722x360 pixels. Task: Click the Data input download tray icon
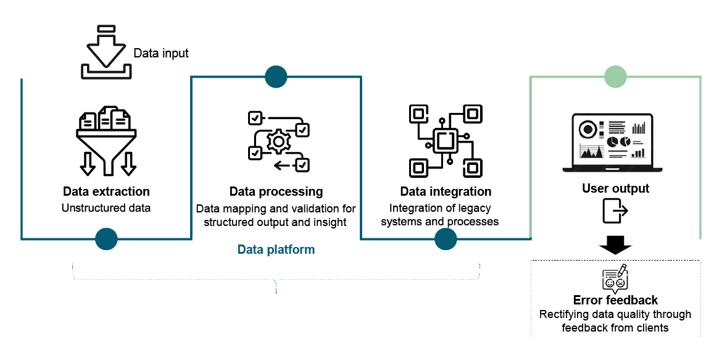tap(106, 53)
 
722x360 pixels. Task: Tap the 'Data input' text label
tap(161, 54)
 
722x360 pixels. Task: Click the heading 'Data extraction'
tap(106, 191)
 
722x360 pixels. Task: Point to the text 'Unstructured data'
tap(106, 208)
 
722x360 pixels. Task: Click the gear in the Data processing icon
tap(278, 142)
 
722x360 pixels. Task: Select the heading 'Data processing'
tap(276, 191)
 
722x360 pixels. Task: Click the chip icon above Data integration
tap(446, 141)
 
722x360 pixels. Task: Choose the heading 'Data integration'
tap(446, 191)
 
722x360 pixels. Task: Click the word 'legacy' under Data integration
tap(475, 209)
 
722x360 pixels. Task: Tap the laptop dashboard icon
tap(612, 143)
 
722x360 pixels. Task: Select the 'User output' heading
tap(615, 188)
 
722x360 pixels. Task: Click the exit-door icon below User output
tap(615, 211)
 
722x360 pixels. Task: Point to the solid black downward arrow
tap(615, 245)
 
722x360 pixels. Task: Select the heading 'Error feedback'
tap(615, 300)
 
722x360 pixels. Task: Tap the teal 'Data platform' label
tap(276, 250)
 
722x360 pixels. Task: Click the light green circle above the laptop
tap(615, 77)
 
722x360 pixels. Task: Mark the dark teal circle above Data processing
tap(276, 77)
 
